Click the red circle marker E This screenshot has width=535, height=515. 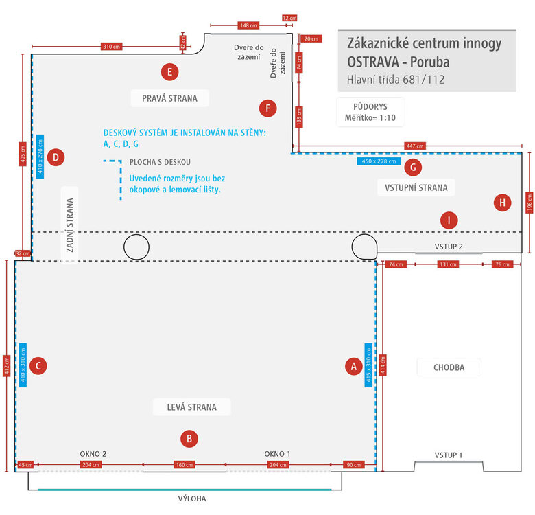[x=169, y=72]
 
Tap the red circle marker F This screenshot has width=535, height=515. [x=267, y=108]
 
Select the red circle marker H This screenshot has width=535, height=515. [x=502, y=203]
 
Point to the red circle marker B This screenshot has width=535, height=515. [x=189, y=439]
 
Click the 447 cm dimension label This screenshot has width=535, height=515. [x=415, y=146]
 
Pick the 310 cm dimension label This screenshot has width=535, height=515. [x=112, y=47]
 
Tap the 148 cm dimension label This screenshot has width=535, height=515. [x=248, y=25]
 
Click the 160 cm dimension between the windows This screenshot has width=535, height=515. [x=185, y=464]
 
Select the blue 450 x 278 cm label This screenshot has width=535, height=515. [x=379, y=161]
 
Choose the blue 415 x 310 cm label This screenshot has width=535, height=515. [x=368, y=365]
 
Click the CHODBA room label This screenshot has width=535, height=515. [x=449, y=367]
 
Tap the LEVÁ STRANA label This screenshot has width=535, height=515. [x=192, y=407]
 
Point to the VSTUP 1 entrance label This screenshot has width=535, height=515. [x=449, y=455]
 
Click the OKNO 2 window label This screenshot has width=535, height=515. [x=93, y=454]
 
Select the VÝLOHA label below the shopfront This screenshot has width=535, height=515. [x=192, y=499]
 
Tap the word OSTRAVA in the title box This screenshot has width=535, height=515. [x=373, y=62]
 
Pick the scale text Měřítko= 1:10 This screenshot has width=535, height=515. [x=370, y=118]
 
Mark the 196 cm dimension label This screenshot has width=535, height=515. [x=530, y=202]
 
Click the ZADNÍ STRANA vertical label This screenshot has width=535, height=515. [x=69, y=225]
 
